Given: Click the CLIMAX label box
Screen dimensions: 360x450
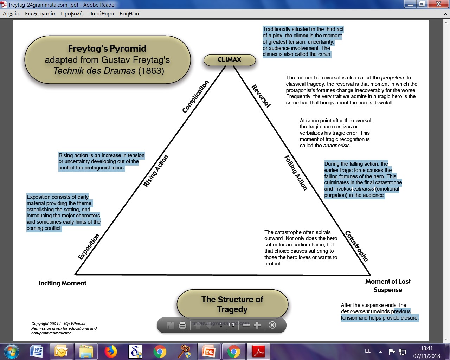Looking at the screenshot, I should [x=230, y=60].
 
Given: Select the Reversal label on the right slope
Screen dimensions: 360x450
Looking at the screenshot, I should [x=261, y=96].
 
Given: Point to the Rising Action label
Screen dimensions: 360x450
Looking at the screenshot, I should [x=156, y=171].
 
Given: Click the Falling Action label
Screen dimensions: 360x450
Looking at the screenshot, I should [x=296, y=173].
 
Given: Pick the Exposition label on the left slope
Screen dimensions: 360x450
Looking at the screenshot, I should [x=89, y=247].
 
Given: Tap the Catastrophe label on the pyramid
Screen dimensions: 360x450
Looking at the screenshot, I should [x=356, y=246].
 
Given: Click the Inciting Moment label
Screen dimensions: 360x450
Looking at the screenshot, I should [x=62, y=283].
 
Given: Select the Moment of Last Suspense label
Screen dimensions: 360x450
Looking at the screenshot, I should [x=388, y=285].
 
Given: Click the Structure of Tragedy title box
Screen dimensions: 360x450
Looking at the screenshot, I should [x=232, y=304].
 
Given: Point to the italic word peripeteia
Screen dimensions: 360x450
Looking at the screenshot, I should [x=392, y=78].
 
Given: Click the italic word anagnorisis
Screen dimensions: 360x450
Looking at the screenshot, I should [x=337, y=146].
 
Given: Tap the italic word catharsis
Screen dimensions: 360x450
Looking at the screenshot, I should [x=364, y=189].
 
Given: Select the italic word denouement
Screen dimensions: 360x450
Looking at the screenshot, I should [x=355, y=311].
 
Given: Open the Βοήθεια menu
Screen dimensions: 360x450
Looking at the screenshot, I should [x=129, y=14].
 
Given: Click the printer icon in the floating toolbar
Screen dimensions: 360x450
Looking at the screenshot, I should [x=182, y=325].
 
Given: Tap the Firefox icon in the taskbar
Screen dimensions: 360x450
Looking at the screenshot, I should [x=111, y=351].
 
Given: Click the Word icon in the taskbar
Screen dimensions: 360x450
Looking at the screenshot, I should [x=37, y=351].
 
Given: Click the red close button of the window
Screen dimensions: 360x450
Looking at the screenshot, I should [x=438, y=4].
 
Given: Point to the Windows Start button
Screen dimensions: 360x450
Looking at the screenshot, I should [x=11, y=351].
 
